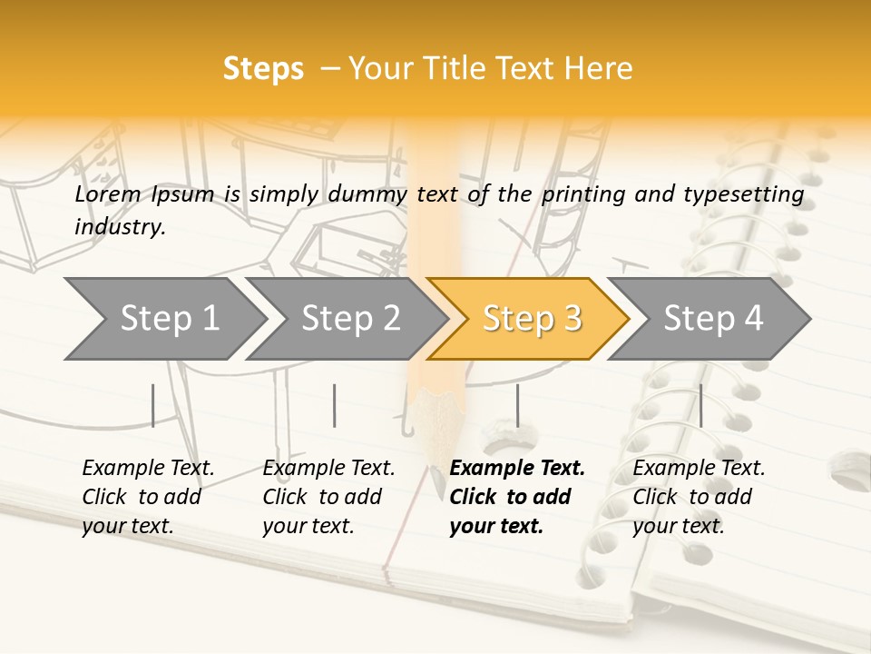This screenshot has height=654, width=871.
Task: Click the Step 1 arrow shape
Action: tap(163, 318)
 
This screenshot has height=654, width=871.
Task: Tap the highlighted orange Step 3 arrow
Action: tap(528, 318)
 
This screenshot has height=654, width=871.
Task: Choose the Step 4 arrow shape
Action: tap(710, 318)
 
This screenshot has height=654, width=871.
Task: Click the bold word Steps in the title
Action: tap(263, 69)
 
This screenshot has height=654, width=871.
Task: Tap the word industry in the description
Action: tap(119, 226)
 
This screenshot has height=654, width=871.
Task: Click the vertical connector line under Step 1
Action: tap(153, 405)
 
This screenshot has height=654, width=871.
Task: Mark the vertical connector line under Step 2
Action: tap(335, 405)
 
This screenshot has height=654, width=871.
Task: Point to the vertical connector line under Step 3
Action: tap(518, 405)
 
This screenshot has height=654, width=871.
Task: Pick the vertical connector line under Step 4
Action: tap(700, 405)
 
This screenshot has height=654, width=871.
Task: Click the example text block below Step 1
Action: tap(148, 497)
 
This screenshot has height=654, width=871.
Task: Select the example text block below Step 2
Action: tap(328, 497)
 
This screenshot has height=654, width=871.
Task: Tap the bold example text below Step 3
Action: tap(516, 497)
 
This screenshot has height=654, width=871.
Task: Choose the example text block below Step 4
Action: tap(699, 497)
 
